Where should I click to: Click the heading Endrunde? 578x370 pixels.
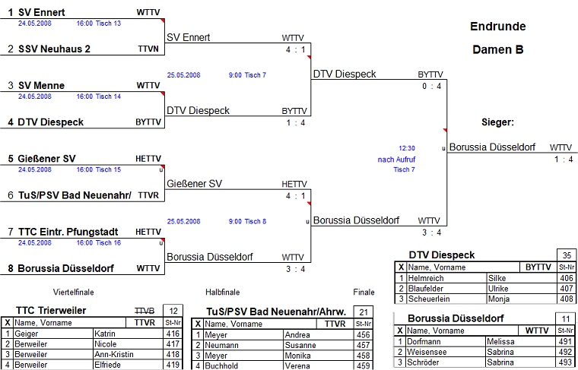click(x=497, y=27)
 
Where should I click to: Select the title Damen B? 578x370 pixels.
click(x=498, y=50)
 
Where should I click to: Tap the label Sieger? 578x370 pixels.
click(x=498, y=122)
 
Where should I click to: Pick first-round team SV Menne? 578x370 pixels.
click(x=41, y=85)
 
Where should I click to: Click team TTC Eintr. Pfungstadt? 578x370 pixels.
click(x=68, y=231)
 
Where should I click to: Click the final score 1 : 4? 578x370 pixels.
click(x=564, y=159)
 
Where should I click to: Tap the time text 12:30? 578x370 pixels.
click(x=407, y=148)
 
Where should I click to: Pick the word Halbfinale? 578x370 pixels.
click(x=223, y=292)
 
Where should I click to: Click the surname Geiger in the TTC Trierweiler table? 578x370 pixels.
click(x=27, y=334)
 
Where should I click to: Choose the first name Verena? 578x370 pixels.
click(x=298, y=365)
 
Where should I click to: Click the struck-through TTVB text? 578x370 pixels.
click(x=144, y=311)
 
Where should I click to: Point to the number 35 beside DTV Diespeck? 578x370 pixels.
click(x=567, y=255)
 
